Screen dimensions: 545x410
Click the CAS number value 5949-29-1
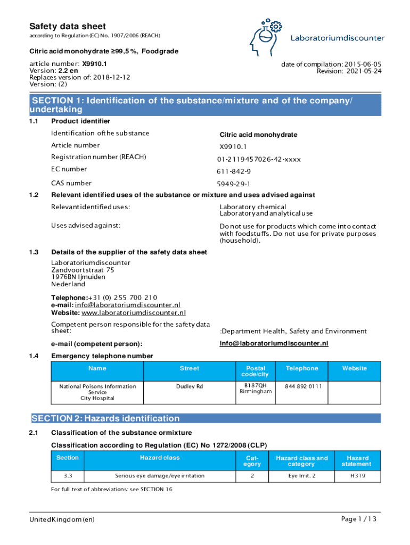[233, 184]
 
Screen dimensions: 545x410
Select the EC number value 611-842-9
[234, 171]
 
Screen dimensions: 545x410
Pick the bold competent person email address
[274, 343]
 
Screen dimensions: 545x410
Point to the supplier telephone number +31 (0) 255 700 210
[123, 298]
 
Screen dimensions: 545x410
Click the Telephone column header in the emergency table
[302, 368]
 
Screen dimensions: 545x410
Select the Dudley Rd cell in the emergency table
[190, 386]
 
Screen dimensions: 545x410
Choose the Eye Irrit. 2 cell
[301, 475]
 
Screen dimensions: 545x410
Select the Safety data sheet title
[67, 26]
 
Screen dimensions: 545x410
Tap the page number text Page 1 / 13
[360, 519]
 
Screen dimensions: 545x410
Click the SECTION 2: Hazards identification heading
[105, 418]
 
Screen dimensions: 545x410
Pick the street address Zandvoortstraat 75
[83, 270]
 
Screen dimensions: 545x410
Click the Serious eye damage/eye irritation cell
[160, 475]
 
